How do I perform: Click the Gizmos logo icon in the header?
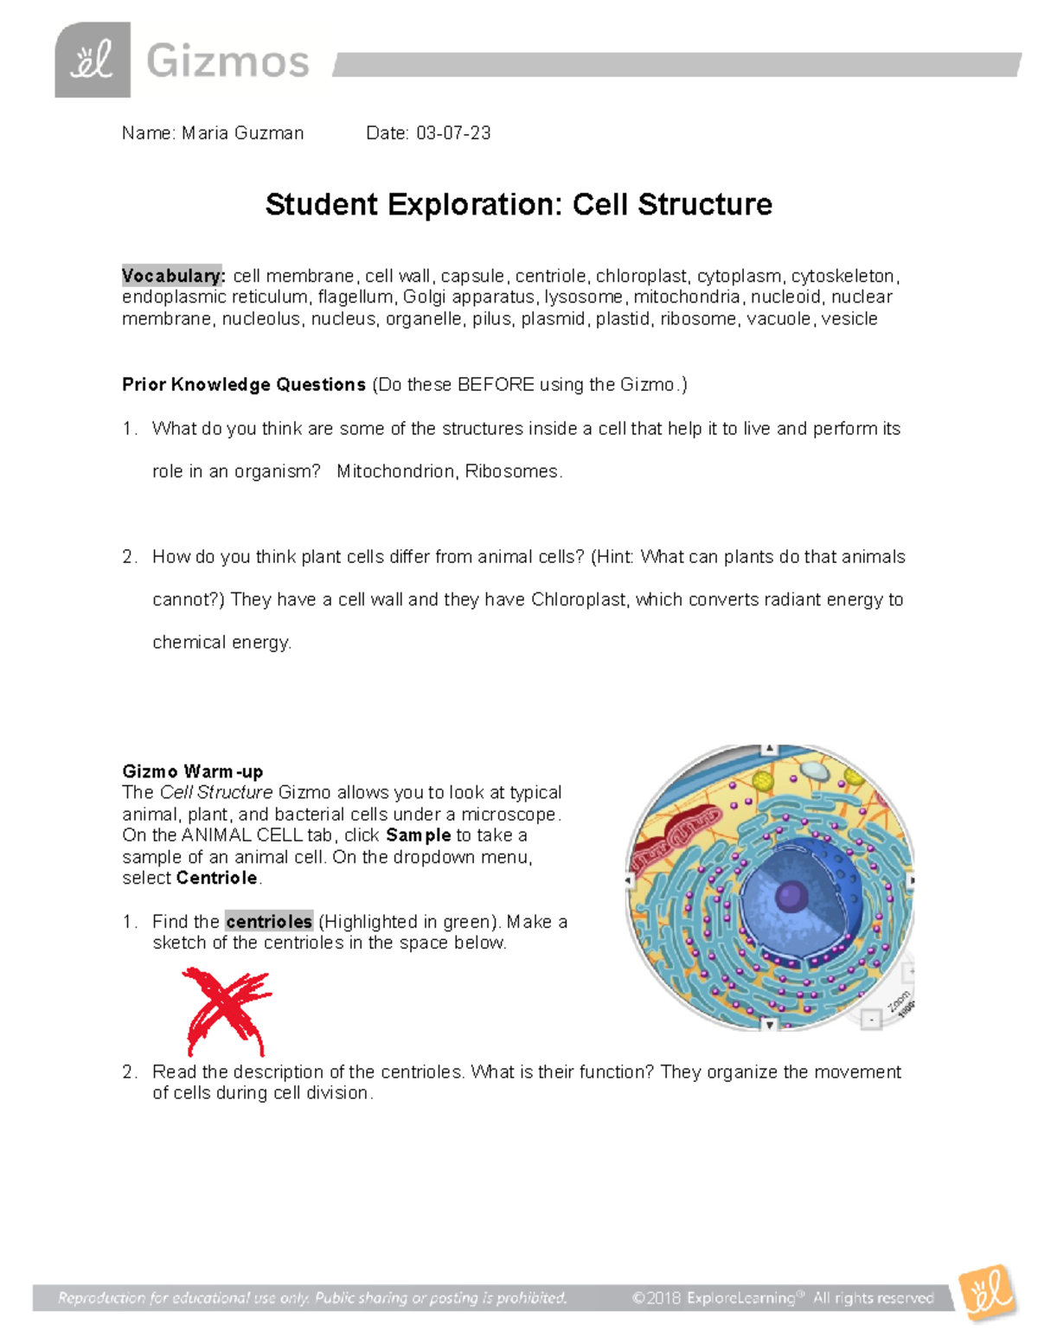point(93,60)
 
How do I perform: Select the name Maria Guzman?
point(242,133)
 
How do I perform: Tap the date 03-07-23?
point(453,133)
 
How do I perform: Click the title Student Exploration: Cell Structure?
point(518,205)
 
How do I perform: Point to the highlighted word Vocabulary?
point(173,276)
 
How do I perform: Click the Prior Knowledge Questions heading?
point(244,385)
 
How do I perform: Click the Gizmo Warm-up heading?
point(193,771)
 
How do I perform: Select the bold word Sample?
point(419,835)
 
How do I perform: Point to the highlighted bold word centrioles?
point(269,922)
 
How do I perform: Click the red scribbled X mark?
point(227,1010)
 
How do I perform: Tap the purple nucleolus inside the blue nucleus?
point(791,896)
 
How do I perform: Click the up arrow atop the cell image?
point(769,750)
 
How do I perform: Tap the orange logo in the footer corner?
point(987,1293)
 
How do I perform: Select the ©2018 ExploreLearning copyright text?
point(783,1298)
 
